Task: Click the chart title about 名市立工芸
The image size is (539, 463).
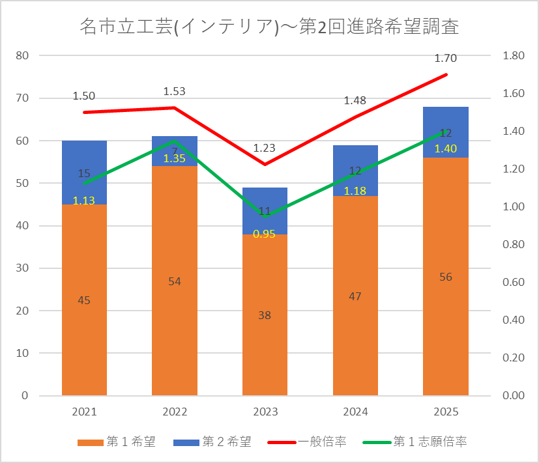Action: pyautogui.click(x=269, y=27)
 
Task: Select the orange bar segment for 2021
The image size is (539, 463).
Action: pyautogui.click(x=84, y=300)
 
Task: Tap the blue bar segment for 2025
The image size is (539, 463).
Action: pyautogui.click(x=446, y=132)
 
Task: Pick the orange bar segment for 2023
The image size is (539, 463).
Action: pyautogui.click(x=265, y=315)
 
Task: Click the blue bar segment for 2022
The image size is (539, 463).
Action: pyautogui.click(x=175, y=151)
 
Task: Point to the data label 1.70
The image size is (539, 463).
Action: pyautogui.click(x=446, y=59)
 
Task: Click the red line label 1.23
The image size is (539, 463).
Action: pyautogui.click(x=265, y=148)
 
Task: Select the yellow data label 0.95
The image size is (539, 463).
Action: pyautogui.click(x=264, y=234)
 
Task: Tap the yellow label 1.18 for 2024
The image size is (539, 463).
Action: pyautogui.click(x=355, y=191)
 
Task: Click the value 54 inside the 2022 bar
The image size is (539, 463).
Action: pyautogui.click(x=175, y=282)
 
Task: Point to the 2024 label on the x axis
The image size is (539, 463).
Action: pyautogui.click(x=355, y=412)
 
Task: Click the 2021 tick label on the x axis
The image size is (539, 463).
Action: pyautogui.click(x=84, y=412)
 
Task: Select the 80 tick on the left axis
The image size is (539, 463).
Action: pyautogui.click(x=22, y=55)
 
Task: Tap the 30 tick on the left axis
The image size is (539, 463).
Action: pyautogui.click(x=22, y=268)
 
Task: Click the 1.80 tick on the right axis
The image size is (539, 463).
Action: pyautogui.click(x=514, y=55)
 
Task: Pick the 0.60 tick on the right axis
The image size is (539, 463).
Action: pyautogui.click(x=514, y=282)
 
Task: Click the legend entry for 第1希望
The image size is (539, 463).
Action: pyautogui.click(x=117, y=442)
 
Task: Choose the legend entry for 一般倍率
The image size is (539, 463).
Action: pyautogui.click(x=307, y=442)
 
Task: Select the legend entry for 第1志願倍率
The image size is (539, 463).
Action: pyautogui.click(x=415, y=442)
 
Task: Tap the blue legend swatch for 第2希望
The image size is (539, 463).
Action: pyautogui.click(x=186, y=442)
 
